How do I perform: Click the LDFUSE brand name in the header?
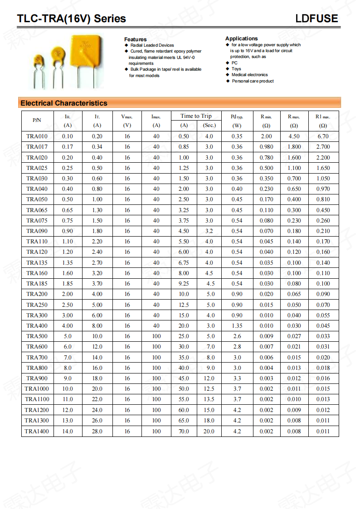(316, 19)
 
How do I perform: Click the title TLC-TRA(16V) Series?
(71, 19)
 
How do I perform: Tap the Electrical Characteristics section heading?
(64, 103)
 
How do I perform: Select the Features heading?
(135, 39)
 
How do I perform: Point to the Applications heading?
(241, 39)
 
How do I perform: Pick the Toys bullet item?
(236, 69)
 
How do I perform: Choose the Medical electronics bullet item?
(249, 75)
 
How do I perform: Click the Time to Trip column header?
(196, 116)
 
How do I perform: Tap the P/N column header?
(37, 121)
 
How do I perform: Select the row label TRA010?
(37, 136)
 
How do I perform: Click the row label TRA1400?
(37, 431)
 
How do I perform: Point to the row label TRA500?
(37, 336)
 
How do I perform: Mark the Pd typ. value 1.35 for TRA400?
(237, 326)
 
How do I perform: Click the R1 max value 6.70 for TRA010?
(323, 136)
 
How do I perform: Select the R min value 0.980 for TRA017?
(266, 147)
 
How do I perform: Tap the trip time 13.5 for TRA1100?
(209, 399)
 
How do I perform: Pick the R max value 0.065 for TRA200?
(294, 294)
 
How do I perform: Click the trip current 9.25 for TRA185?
(184, 284)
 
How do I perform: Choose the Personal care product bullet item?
(253, 81)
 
